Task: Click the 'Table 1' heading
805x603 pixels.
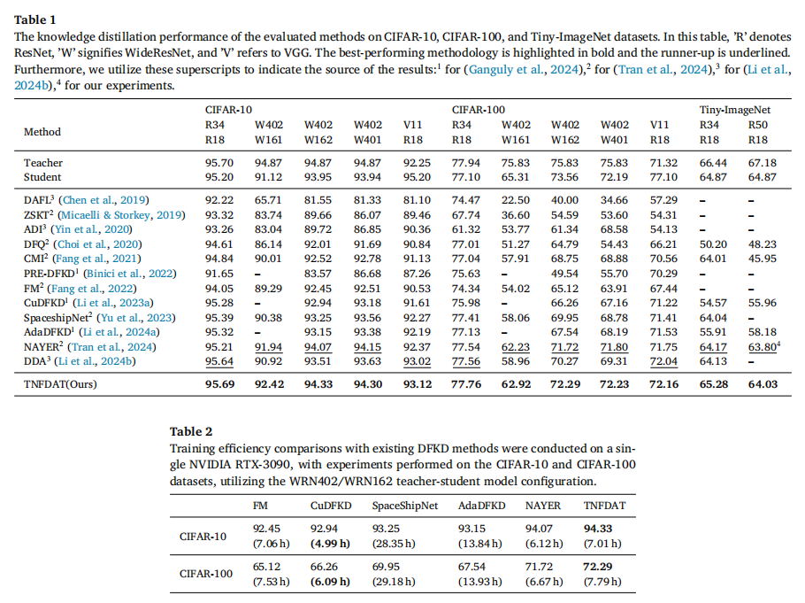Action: pyautogui.click(x=34, y=20)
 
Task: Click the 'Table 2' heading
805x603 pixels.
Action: pyautogui.click(x=191, y=431)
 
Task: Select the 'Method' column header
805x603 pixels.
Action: pyautogui.click(x=42, y=132)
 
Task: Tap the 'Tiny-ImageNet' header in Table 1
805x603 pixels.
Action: pyautogui.click(x=734, y=110)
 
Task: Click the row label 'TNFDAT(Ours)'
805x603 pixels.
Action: pyautogui.click(x=60, y=384)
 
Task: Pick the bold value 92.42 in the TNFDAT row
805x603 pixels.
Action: pyautogui.click(x=269, y=384)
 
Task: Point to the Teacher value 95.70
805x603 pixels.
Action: pyautogui.click(x=219, y=163)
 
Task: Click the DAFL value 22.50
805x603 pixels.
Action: pyautogui.click(x=516, y=200)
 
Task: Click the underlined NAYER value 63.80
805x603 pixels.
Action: pyautogui.click(x=763, y=347)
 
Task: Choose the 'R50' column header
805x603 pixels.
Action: pyautogui.click(x=758, y=125)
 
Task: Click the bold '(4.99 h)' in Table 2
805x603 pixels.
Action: pyautogui.click(x=330, y=544)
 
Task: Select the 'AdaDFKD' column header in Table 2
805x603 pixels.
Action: pyautogui.click(x=481, y=506)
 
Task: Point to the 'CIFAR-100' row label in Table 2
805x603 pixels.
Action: pyautogui.click(x=206, y=574)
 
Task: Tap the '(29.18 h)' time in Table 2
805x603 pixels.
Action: pyautogui.click(x=394, y=582)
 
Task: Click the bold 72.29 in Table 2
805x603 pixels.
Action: pyautogui.click(x=598, y=567)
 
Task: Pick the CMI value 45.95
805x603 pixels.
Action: pyautogui.click(x=763, y=259)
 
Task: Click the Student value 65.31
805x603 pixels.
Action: pyautogui.click(x=516, y=177)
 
